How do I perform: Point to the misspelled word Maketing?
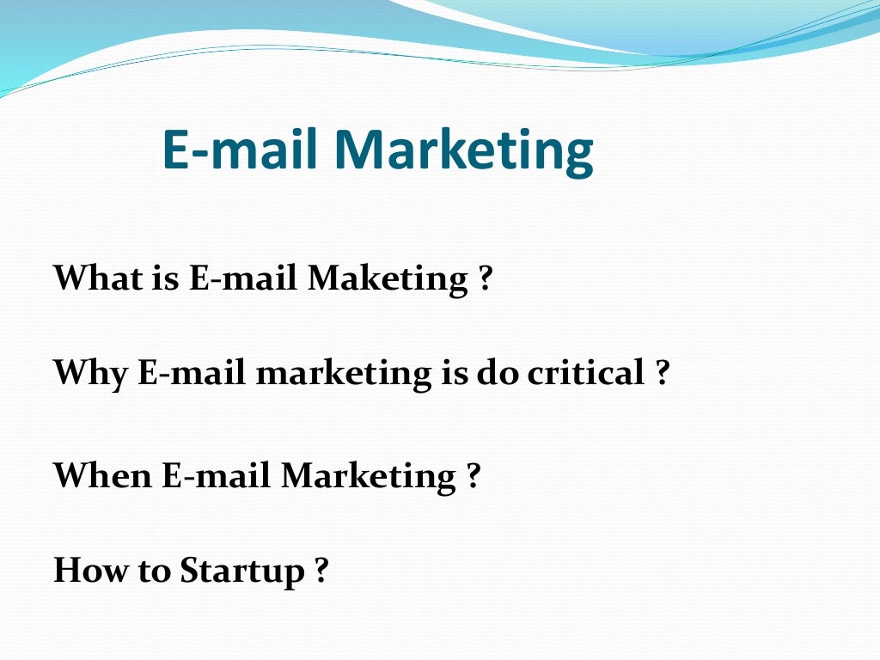tap(388, 278)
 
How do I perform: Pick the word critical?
tap(587, 373)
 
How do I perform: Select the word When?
tap(102, 475)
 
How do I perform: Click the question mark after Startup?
tap(321, 570)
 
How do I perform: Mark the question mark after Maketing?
tap(486, 278)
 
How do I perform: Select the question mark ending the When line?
tap(472, 475)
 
